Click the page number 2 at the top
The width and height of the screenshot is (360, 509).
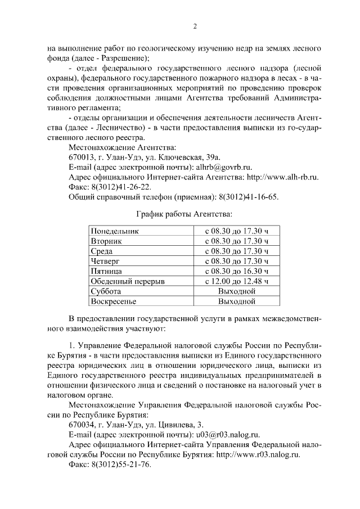pos(195,26)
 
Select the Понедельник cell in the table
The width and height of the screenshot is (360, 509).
pos(115,231)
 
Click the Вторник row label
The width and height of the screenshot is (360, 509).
pos(106,241)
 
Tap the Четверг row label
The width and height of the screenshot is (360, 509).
pos(106,261)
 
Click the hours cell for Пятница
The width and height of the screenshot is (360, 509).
pos(237,271)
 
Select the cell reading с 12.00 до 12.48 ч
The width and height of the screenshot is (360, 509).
pos(237,281)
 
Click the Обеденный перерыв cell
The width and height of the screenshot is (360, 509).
pos(128,281)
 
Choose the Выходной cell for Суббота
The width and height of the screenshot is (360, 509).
pos(237,291)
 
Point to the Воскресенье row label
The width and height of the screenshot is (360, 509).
pos(114,301)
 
